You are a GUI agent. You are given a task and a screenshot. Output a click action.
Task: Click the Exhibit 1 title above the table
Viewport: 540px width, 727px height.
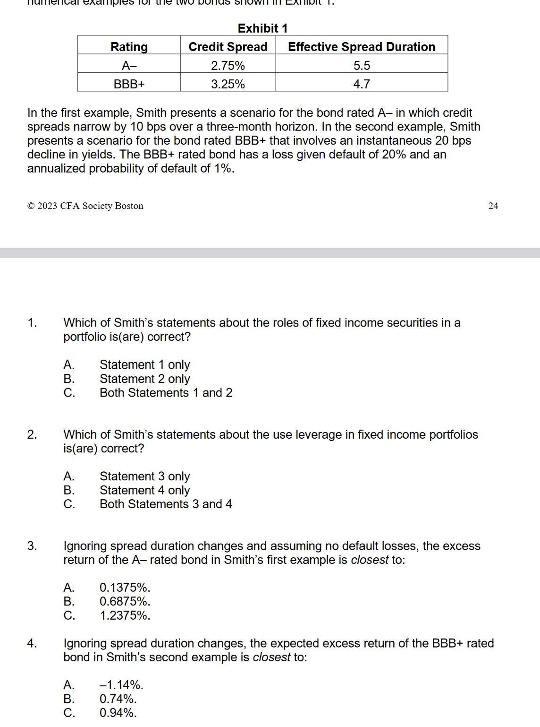(262, 28)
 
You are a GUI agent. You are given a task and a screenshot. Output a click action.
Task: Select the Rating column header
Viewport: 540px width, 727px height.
(129, 47)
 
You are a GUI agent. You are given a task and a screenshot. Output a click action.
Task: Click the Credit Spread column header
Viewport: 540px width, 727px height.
(228, 47)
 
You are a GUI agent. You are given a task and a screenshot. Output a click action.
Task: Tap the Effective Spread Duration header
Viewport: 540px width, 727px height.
(362, 47)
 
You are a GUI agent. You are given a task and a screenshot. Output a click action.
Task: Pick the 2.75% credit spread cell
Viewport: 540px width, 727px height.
(228, 65)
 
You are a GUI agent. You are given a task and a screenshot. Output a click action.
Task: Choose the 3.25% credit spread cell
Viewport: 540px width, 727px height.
(228, 84)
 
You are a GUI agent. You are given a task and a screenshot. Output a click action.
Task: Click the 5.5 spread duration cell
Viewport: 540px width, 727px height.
(362, 65)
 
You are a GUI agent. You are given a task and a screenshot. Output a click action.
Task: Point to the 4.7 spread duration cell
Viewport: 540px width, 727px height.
(362, 84)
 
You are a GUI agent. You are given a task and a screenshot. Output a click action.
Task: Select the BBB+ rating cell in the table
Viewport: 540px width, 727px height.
(129, 84)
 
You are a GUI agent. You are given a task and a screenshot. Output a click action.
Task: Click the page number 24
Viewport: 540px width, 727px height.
(493, 206)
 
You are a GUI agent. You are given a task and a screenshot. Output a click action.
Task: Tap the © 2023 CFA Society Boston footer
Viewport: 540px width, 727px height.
(85, 206)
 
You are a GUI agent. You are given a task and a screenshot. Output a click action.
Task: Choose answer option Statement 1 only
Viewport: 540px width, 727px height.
(144, 365)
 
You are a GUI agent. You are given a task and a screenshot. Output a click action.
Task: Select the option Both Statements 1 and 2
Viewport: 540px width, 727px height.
(166, 393)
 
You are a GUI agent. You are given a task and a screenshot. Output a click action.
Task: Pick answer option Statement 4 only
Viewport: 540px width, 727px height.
(144, 490)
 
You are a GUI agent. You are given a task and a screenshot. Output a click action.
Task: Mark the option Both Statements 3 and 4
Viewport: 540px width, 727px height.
(166, 504)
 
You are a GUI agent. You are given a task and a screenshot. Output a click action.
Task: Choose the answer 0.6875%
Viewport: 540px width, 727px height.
(125, 602)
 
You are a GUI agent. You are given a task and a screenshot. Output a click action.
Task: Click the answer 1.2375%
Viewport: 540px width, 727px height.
(125, 615)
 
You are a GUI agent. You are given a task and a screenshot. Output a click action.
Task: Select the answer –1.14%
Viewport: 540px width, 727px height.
(121, 685)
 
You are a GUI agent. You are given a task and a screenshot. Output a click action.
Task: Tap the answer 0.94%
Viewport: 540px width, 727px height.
(118, 713)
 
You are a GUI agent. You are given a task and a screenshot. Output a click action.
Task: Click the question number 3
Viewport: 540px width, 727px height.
(32, 546)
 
